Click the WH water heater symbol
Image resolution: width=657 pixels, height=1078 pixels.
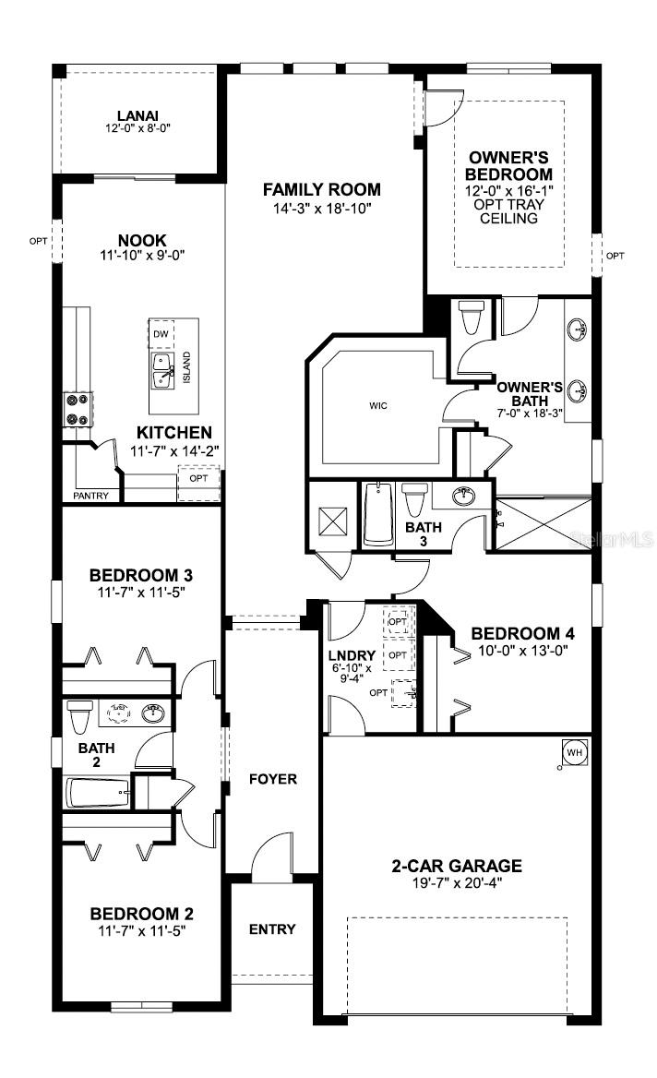(575, 753)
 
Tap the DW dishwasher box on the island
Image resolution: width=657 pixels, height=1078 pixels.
(161, 333)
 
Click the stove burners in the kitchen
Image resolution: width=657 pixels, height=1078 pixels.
(76, 409)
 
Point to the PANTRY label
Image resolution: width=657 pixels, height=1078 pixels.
(90, 496)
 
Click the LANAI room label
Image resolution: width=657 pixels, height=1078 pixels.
(137, 115)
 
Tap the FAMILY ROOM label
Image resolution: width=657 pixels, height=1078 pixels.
(321, 190)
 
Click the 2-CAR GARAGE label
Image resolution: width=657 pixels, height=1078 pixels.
(457, 866)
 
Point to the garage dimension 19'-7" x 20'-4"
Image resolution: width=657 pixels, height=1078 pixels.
(457, 882)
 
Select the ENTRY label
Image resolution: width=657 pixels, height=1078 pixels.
(272, 928)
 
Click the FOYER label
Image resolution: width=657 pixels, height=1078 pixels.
(273, 779)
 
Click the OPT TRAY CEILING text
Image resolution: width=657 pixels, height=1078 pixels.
(508, 211)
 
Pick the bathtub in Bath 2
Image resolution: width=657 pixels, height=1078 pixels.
(97, 791)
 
